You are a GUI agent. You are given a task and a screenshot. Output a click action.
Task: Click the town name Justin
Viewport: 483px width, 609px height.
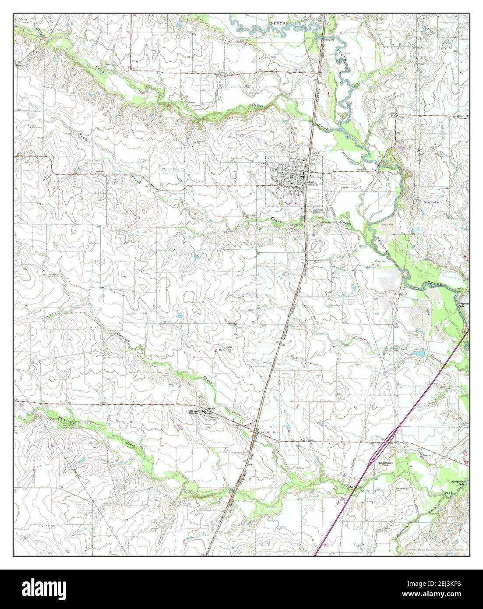point(312,181)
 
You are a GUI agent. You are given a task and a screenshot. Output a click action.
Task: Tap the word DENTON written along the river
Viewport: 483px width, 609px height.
point(382,244)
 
